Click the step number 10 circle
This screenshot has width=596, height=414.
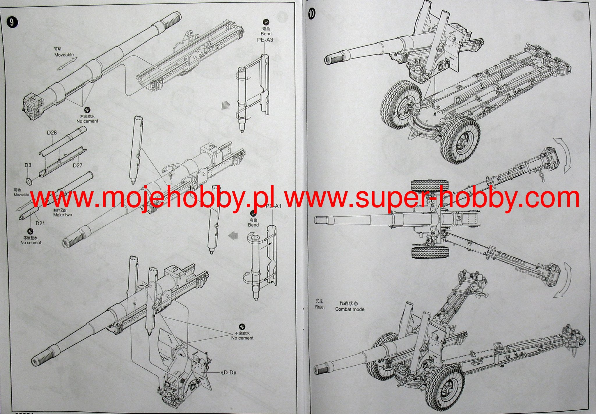click(312, 14)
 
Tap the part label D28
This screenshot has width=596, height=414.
click(52, 133)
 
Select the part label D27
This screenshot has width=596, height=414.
click(77, 165)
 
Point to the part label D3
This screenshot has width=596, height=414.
click(28, 165)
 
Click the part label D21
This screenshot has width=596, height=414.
click(40, 223)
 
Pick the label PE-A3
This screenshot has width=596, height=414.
click(265, 40)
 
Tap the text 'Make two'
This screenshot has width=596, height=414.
click(63, 215)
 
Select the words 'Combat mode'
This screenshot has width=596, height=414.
click(350, 309)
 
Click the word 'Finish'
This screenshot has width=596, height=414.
click(320, 307)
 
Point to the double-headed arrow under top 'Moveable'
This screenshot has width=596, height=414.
click(67, 64)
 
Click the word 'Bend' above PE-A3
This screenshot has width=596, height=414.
click(266, 34)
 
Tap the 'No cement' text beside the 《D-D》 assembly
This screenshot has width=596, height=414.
click(242, 338)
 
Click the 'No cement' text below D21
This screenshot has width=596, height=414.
click(31, 243)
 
